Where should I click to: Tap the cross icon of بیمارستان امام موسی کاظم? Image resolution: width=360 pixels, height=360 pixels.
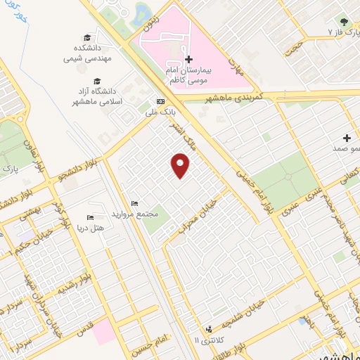(x=186, y=59)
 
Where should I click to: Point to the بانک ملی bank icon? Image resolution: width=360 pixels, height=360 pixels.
(x=160, y=101)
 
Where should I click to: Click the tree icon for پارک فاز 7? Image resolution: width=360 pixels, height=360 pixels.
(x=345, y=22)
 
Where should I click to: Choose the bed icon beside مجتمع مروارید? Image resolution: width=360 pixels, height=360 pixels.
(x=135, y=204)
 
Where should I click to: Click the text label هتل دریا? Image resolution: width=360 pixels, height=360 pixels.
(x=89, y=229)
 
